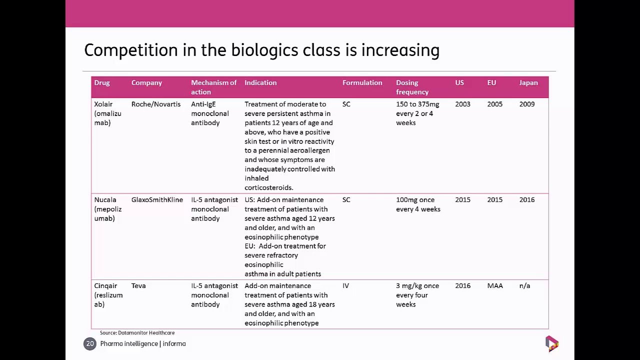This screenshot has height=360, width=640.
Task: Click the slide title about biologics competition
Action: click(x=261, y=50)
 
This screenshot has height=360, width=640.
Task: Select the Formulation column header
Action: click(x=362, y=83)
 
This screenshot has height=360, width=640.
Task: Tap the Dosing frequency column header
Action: click(x=412, y=87)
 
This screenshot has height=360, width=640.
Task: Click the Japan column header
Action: click(x=528, y=83)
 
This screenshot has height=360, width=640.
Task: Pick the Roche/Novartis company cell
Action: click(x=155, y=104)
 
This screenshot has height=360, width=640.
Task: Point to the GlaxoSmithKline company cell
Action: click(x=157, y=200)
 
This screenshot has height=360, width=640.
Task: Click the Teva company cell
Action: click(x=138, y=286)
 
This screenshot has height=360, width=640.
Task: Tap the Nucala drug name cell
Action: click(x=107, y=209)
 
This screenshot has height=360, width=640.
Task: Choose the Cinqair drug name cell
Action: click(x=108, y=295)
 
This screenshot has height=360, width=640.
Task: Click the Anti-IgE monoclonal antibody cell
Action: click(x=210, y=113)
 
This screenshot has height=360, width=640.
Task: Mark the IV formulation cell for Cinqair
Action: click(x=345, y=286)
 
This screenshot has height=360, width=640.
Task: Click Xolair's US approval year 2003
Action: click(x=462, y=104)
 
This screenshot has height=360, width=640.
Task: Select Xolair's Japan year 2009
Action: click(x=526, y=104)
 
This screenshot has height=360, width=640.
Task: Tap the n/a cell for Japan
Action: click(x=524, y=286)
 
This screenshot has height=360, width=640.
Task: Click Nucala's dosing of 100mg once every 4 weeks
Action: click(x=418, y=204)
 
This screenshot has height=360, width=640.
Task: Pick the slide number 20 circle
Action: click(x=90, y=343)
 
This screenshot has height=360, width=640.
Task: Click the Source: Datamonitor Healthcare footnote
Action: click(x=137, y=333)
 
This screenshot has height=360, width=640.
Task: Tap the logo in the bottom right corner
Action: click(x=551, y=343)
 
